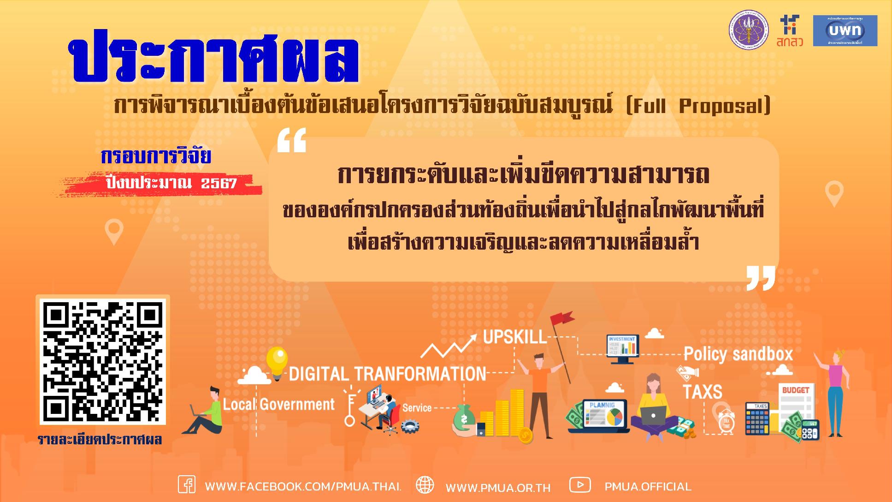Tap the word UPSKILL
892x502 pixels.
514,337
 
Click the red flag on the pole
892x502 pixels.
562,318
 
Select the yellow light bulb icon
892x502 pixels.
277,361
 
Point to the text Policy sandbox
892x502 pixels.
738,354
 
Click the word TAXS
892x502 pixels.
702,392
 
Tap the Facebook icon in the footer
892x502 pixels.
186,485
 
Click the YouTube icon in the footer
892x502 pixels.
579,485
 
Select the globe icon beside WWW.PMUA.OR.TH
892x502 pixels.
425,485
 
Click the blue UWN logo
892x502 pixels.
845,30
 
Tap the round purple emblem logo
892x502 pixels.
748,30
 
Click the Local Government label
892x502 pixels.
279,405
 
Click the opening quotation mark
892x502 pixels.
291,140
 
